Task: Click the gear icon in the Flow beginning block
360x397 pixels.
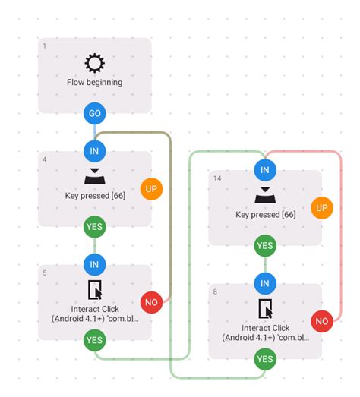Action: (x=94, y=62)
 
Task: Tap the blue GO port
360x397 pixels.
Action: (x=94, y=114)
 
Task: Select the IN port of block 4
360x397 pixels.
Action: (x=94, y=151)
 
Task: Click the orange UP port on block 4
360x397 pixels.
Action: (x=151, y=188)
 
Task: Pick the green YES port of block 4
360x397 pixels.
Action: (x=94, y=226)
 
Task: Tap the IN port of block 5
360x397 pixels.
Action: (x=94, y=264)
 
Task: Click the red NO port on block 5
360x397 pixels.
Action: (x=151, y=302)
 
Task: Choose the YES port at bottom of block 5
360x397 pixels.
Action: (x=94, y=340)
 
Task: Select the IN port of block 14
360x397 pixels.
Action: (x=264, y=170)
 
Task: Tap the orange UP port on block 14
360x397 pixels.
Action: (x=321, y=207)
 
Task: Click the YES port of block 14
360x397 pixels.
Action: (x=264, y=245)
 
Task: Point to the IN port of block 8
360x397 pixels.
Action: (x=264, y=283)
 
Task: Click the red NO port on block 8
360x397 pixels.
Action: (x=321, y=321)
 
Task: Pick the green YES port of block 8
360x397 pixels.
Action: (x=264, y=359)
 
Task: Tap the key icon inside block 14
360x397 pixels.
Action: (x=264, y=196)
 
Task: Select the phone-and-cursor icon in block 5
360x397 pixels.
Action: (x=95, y=291)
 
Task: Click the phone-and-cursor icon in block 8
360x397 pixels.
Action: (x=265, y=309)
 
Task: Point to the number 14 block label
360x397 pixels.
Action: (x=217, y=178)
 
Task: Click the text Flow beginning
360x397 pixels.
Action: (x=94, y=82)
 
